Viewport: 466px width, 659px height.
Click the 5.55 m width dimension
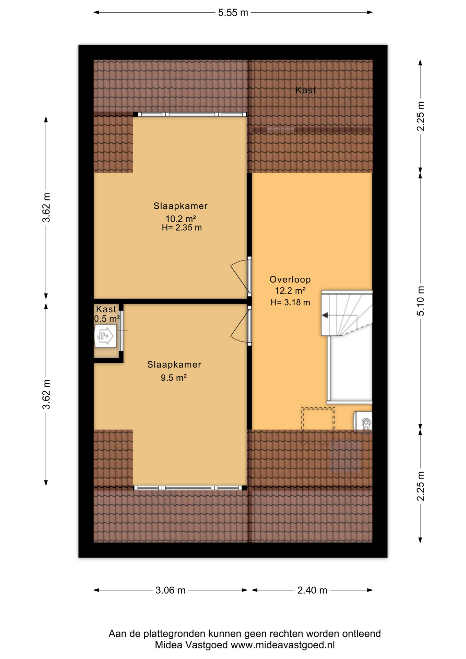point(233,13)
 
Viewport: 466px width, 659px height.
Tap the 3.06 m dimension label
point(171,590)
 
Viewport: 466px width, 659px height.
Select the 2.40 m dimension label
point(312,590)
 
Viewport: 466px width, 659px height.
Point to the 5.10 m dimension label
point(420,301)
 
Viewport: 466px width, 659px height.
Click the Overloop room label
point(290,279)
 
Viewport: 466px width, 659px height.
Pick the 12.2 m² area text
point(290,291)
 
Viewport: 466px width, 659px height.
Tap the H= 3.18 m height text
point(290,302)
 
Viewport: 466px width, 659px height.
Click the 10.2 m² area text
point(181,219)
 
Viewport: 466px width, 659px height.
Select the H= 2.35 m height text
point(182,228)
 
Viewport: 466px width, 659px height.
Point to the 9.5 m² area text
point(174,378)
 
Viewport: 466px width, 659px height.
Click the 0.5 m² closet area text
point(107,319)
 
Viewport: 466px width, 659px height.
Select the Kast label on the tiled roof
point(306,90)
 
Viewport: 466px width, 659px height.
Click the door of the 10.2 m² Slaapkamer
point(241,277)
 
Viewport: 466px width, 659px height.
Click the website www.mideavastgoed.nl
point(283,645)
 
